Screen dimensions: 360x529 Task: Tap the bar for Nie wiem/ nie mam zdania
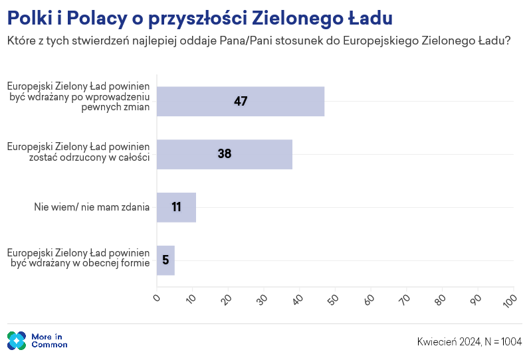coord(176,207)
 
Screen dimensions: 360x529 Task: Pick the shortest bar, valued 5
coord(165,260)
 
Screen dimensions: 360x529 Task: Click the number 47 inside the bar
coord(241,102)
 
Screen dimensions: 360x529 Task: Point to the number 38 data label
coord(225,154)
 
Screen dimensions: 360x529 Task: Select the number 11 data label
coord(176,207)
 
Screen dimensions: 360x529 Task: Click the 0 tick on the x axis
coord(157,298)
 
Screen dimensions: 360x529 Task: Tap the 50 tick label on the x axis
coord(334,300)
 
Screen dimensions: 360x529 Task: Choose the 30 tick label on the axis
coord(263,300)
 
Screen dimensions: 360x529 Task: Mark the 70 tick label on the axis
coord(405,300)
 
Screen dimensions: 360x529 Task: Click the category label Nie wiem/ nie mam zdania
coord(92,207)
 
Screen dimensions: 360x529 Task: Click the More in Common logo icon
coord(17,341)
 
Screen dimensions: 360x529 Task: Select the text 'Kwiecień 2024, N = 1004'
coord(469,341)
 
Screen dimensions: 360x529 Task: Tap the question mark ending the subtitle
coord(508,41)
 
